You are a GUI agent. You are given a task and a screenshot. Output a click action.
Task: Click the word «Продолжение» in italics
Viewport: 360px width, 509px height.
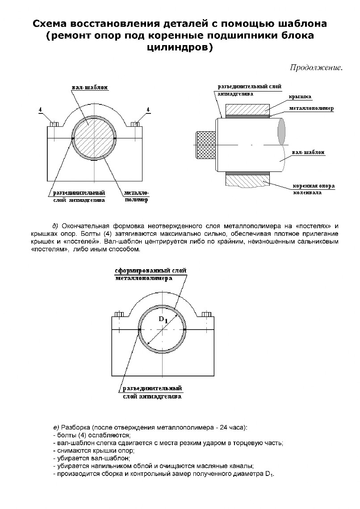pos(316,68)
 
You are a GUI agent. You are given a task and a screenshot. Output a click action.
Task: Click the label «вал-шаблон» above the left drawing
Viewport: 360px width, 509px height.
pos(90,88)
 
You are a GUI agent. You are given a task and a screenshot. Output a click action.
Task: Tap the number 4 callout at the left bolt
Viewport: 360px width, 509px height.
pos(41,109)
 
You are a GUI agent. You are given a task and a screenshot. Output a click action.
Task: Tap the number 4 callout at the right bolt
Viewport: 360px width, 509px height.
pos(148,109)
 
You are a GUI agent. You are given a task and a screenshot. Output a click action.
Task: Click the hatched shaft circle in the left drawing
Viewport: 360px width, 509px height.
pos(94,138)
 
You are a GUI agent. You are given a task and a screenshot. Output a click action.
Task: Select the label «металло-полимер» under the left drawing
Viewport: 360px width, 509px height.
pos(136,196)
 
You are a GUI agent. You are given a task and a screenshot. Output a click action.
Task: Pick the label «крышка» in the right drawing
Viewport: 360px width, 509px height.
pos(300,96)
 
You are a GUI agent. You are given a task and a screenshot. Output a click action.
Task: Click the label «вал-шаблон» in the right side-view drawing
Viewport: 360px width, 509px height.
pos(308,153)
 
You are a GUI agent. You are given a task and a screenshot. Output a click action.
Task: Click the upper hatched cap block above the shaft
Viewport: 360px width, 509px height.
pos(247,109)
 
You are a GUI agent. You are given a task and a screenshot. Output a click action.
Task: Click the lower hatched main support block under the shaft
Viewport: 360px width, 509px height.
pos(247,181)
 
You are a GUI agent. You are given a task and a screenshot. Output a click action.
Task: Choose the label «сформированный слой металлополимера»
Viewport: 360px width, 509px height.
pos(150,275)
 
